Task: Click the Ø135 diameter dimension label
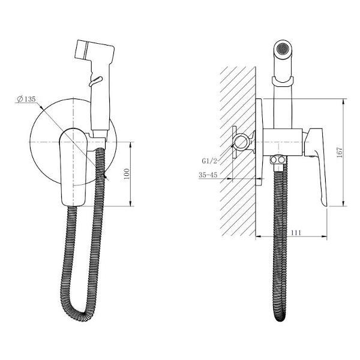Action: [26, 99]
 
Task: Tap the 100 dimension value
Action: [127, 174]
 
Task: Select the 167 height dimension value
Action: [340, 152]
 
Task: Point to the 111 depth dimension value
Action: [296, 233]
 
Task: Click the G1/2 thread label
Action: [209, 161]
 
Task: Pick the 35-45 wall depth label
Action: [208, 175]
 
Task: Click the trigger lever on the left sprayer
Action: [95, 81]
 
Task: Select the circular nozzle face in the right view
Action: [283, 49]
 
